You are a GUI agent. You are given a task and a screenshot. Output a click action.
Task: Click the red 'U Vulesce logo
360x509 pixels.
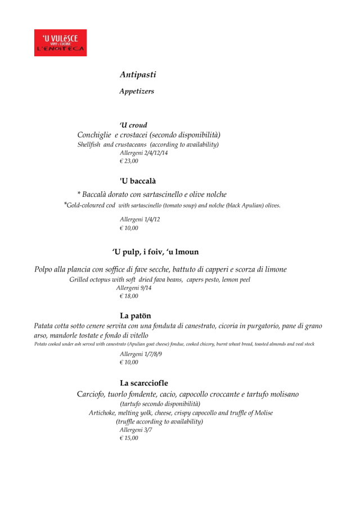pos(60,43)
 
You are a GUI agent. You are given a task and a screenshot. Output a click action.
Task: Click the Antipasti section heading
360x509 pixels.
pos(138,74)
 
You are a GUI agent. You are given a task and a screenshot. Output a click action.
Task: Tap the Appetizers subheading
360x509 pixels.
pos(137,91)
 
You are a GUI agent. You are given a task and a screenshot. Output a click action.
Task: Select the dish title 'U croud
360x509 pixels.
pos(133,125)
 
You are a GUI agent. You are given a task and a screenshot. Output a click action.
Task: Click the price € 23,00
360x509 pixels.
pos(129,161)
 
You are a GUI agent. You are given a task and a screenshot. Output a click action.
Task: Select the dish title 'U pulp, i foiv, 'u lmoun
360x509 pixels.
pos(155,252)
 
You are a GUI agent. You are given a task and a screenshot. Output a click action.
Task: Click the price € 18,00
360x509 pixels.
pos(129,296)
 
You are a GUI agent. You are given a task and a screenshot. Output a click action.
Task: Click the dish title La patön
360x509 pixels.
pos(136,316)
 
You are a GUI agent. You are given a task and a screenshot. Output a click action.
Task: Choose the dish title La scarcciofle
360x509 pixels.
pos(144,383)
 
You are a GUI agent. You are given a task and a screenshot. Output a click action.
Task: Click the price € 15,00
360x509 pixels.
pos(129,438)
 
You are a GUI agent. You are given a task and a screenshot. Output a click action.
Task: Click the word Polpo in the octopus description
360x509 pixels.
pos(44,269)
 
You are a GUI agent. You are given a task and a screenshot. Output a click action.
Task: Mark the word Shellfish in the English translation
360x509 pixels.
pos(89,145)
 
